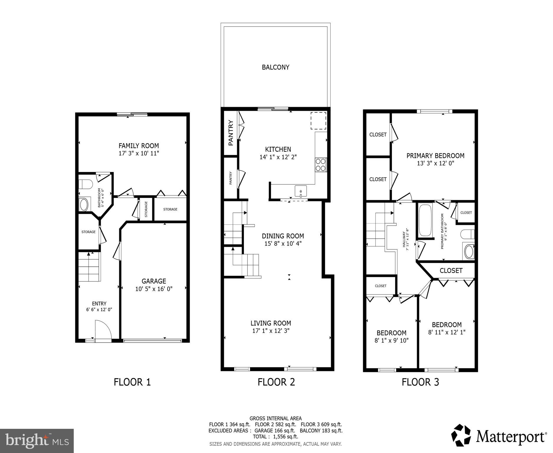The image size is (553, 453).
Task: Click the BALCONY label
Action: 275,67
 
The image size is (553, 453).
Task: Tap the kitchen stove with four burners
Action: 321,165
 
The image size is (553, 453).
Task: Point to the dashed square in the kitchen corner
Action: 318,121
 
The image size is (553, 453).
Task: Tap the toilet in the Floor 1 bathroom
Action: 86,184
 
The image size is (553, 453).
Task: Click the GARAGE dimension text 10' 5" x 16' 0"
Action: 154,289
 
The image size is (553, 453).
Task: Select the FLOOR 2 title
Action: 276,382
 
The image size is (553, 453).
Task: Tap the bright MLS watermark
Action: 37,441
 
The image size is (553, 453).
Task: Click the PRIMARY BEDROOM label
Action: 435,156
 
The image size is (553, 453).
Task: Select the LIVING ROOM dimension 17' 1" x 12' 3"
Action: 271,331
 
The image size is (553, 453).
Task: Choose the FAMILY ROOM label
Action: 139,146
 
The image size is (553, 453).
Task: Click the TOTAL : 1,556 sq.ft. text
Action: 275,437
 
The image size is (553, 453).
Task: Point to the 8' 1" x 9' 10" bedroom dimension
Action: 391,341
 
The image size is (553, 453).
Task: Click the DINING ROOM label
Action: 283,236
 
